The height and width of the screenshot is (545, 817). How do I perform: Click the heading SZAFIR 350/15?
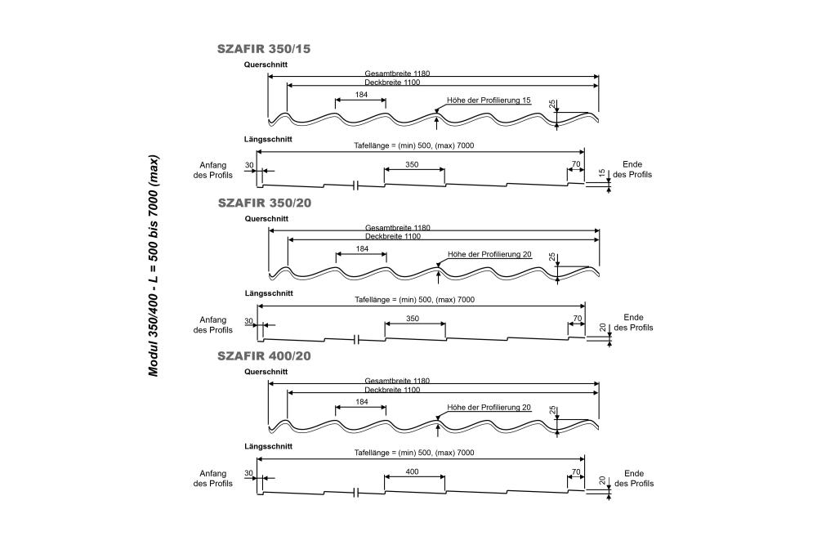click(263, 49)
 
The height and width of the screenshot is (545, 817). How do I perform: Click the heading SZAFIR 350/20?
click(263, 203)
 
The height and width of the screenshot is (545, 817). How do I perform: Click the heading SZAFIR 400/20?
click(263, 356)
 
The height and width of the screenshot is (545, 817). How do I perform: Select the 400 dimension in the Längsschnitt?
click(412, 472)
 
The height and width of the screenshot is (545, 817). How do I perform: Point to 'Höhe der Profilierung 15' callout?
click(489, 101)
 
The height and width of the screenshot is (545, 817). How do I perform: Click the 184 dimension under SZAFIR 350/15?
click(361, 95)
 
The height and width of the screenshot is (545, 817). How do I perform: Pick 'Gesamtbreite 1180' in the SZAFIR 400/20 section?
click(397, 381)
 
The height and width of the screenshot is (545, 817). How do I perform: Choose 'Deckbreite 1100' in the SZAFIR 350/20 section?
click(392, 236)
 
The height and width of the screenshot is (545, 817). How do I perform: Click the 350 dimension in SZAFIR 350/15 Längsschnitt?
click(412, 164)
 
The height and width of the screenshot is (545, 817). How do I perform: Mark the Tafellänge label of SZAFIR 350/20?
click(413, 300)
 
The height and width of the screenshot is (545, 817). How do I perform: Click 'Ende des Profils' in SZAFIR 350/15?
click(633, 169)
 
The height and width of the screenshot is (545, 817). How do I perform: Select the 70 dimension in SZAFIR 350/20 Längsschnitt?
click(577, 318)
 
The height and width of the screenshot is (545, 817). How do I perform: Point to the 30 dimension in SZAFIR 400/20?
click(248, 472)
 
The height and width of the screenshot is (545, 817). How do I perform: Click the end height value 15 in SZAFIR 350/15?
click(602, 173)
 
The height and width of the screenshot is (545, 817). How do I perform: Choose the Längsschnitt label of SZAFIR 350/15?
click(268, 140)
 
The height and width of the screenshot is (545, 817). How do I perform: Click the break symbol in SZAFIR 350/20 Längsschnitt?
click(356, 338)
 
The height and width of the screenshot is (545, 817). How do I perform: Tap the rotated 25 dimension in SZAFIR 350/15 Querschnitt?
click(553, 105)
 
